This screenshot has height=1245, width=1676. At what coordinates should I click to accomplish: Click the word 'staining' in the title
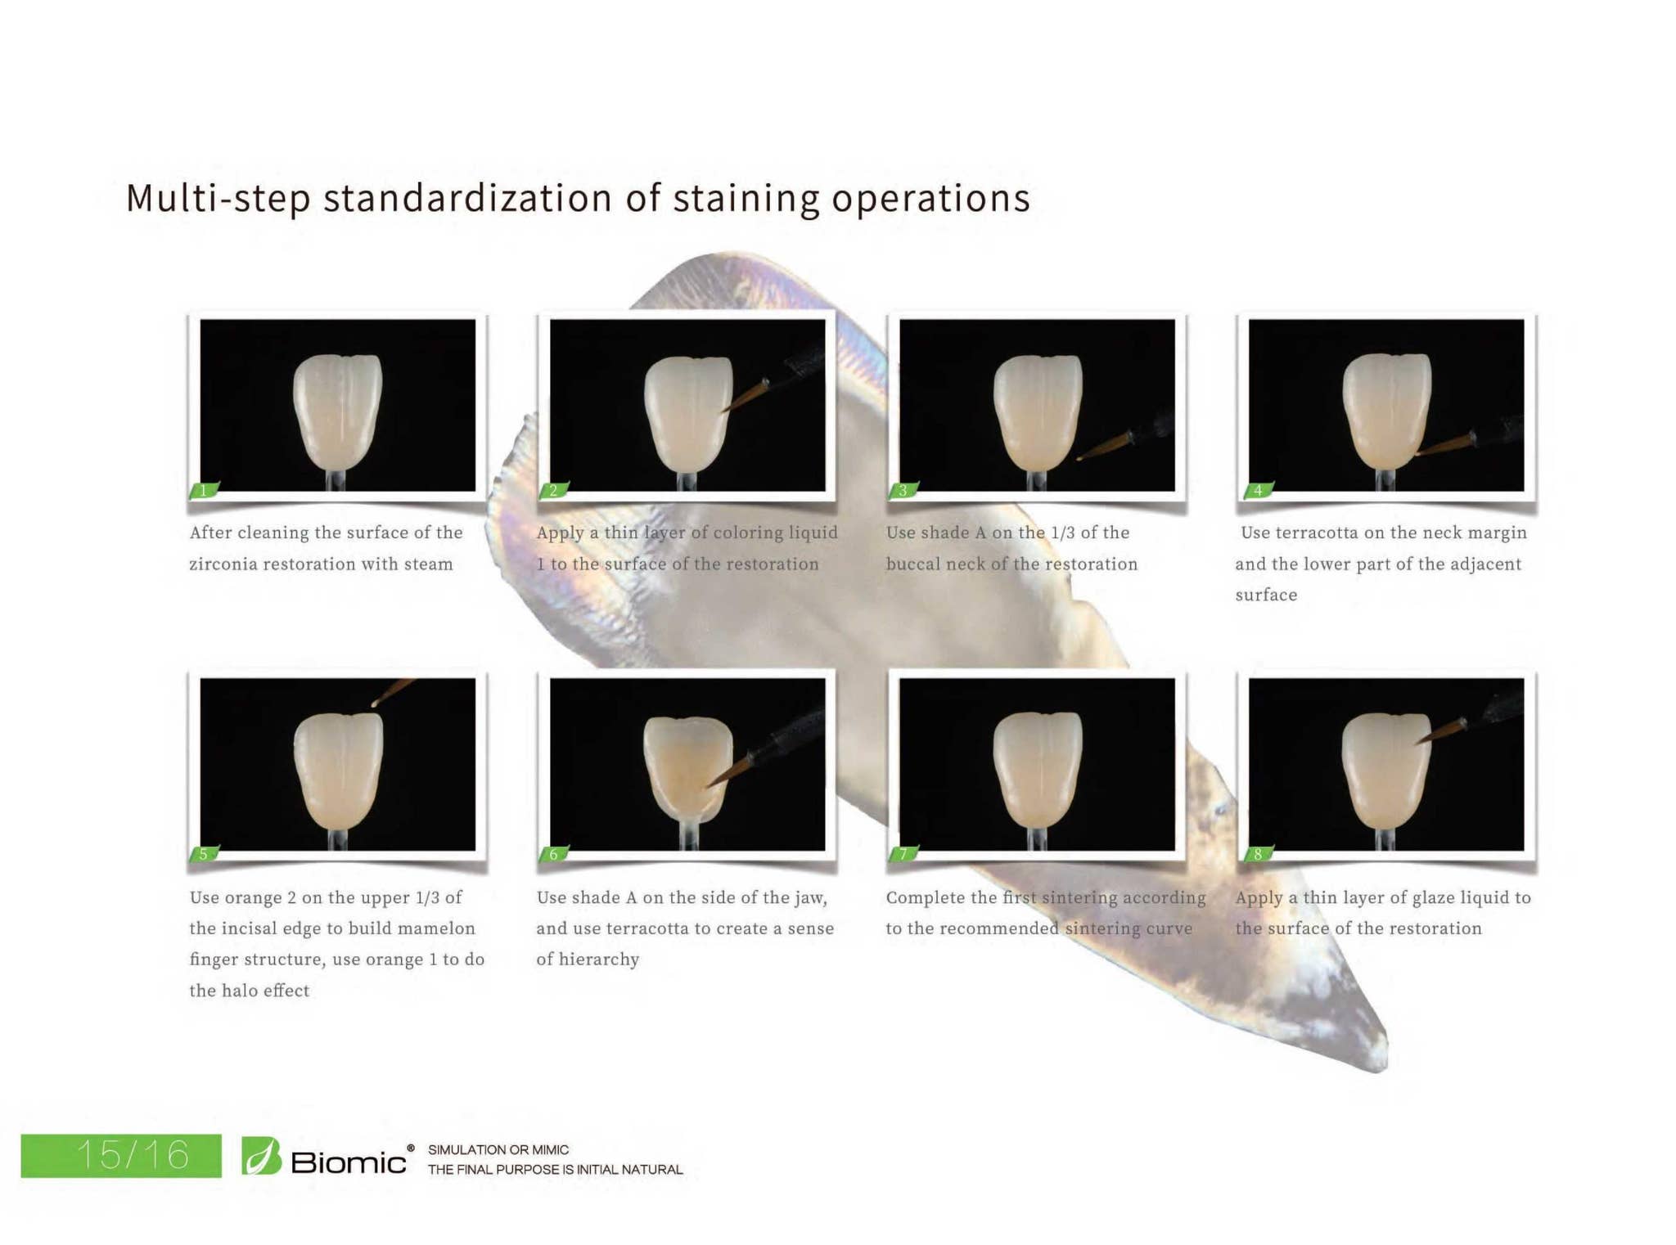point(746,199)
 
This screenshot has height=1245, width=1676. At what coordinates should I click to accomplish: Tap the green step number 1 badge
point(204,490)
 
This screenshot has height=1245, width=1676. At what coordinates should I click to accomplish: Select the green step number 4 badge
point(1258,490)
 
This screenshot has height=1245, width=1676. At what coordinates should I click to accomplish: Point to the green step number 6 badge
point(554,854)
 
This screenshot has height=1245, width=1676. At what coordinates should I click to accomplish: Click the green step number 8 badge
point(1258,854)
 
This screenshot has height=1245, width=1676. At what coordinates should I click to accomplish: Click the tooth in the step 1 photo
point(337,409)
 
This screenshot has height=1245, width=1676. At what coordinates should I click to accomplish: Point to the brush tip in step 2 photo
point(727,410)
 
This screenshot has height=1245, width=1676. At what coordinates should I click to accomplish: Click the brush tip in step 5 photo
point(376,703)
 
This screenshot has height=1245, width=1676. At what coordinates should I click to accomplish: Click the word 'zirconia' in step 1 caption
point(223,564)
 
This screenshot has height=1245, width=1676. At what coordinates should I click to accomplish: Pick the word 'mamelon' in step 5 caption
point(433,928)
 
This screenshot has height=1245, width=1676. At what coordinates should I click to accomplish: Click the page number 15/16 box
point(121,1155)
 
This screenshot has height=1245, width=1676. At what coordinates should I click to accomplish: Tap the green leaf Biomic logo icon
point(262,1156)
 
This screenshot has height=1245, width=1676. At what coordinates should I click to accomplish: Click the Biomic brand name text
point(348,1162)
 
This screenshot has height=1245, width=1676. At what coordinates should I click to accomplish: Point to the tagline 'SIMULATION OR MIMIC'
point(498,1149)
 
